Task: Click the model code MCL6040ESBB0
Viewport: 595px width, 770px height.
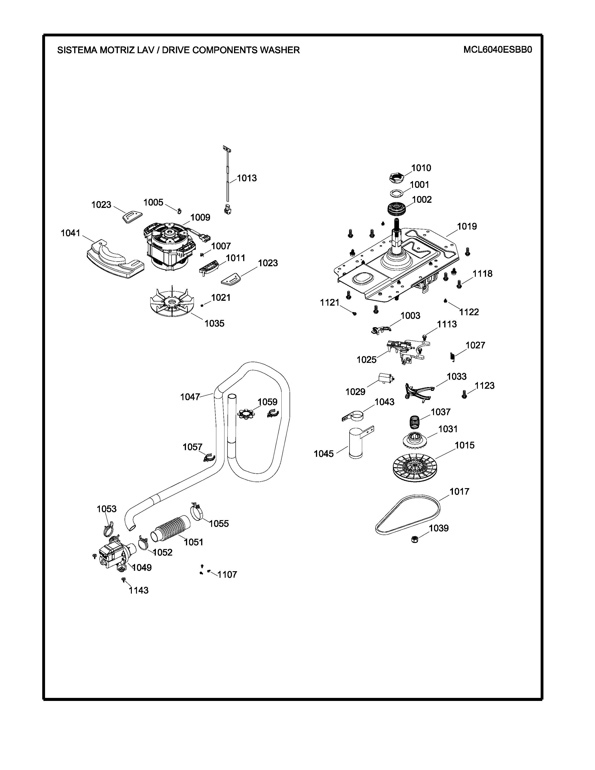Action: pyautogui.click(x=497, y=50)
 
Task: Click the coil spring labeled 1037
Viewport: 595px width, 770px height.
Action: pyautogui.click(x=415, y=422)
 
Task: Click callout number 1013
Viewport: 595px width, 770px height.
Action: pyautogui.click(x=247, y=178)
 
